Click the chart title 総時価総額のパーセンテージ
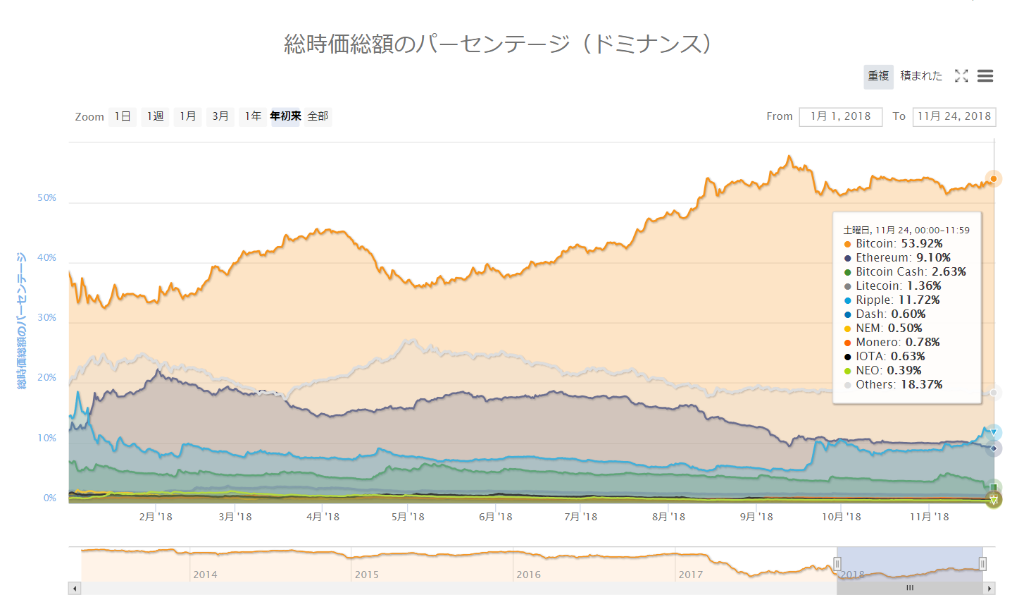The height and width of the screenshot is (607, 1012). click(x=497, y=44)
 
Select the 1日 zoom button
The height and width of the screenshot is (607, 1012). click(x=123, y=116)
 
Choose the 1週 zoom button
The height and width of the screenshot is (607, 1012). click(x=155, y=116)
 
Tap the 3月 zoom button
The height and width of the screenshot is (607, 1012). click(x=220, y=116)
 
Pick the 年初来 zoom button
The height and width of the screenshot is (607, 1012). click(x=285, y=116)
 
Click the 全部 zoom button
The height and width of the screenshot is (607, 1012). click(x=318, y=116)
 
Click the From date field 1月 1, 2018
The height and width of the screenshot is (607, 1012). click(x=840, y=116)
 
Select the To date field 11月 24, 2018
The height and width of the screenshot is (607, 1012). click(x=954, y=116)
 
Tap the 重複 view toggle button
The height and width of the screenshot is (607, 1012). click(x=878, y=76)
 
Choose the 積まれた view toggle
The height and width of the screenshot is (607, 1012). click(x=921, y=76)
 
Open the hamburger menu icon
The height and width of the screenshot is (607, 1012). click(x=985, y=76)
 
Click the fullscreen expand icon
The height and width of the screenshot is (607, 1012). click(x=961, y=76)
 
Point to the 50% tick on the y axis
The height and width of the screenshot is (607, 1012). click(x=47, y=198)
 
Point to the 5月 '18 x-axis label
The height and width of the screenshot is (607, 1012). click(x=408, y=517)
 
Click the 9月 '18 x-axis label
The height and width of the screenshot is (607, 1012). click(x=756, y=517)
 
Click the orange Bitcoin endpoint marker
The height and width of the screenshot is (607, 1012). click(x=993, y=179)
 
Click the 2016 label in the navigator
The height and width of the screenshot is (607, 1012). click(x=528, y=575)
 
